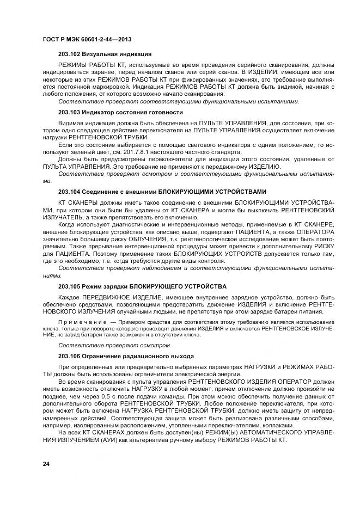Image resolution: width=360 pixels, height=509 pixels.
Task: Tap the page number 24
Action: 46,463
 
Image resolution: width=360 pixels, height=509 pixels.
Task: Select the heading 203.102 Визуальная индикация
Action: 105,54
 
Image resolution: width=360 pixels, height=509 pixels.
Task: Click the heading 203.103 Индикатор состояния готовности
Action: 120,112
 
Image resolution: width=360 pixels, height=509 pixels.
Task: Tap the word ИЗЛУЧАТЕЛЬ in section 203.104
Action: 62,217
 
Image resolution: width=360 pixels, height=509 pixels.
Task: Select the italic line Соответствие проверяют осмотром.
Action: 114,345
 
